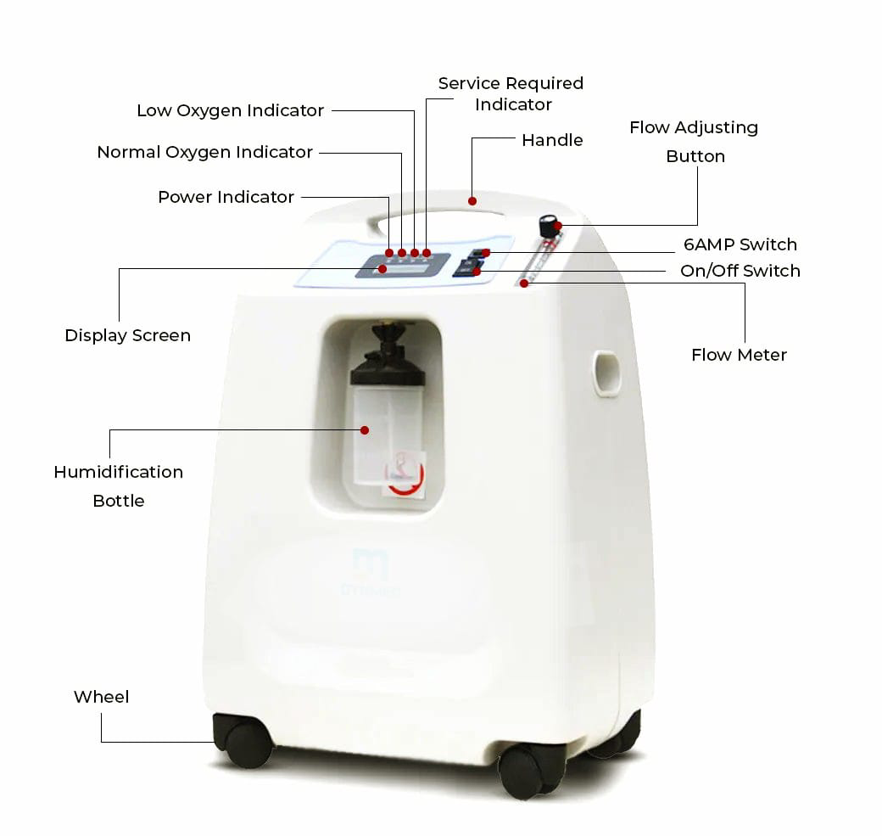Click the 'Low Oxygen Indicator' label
(x=230, y=110)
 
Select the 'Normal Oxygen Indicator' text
(x=204, y=152)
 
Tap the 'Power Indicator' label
(x=226, y=197)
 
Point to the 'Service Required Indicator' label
(x=511, y=94)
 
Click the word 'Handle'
(x=552, y=140)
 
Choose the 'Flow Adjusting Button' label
(x=694, y=142)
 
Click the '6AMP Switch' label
(x=740, y=244)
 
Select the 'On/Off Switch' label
(x=740, y=271)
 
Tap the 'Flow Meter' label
(x=740, y=355)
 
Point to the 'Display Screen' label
(x=128, y=335)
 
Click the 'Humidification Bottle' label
(x=119, y=485)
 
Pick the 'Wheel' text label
(x=101, y=697)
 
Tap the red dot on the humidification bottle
(x=365, y=430)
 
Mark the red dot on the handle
(x=472, y=201)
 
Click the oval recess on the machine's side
(x=607, y=373)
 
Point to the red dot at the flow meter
(x=524, y=283)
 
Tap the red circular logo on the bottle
(x=404, y=474)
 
